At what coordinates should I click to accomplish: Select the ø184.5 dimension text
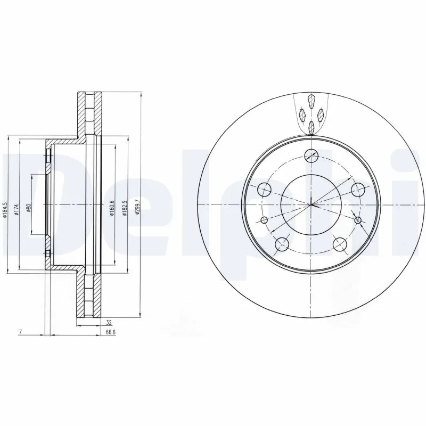click(5, 209)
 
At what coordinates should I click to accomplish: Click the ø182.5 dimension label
click(125, 208)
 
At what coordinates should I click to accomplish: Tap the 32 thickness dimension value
click(109, 323)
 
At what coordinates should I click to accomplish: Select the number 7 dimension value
click(20, 332)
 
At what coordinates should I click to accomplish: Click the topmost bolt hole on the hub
click(312, 155)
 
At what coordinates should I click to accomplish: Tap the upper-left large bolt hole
click(264, 189)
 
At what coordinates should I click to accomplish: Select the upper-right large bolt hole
click(359, 189)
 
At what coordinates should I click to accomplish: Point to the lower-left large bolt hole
click(282, 244)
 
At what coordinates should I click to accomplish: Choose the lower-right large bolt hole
click(340, 244)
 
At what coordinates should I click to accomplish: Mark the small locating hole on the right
click(358, 220)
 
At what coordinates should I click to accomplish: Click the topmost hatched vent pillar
click(312, 101)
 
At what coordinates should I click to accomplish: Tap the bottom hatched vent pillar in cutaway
click(312, 126)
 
